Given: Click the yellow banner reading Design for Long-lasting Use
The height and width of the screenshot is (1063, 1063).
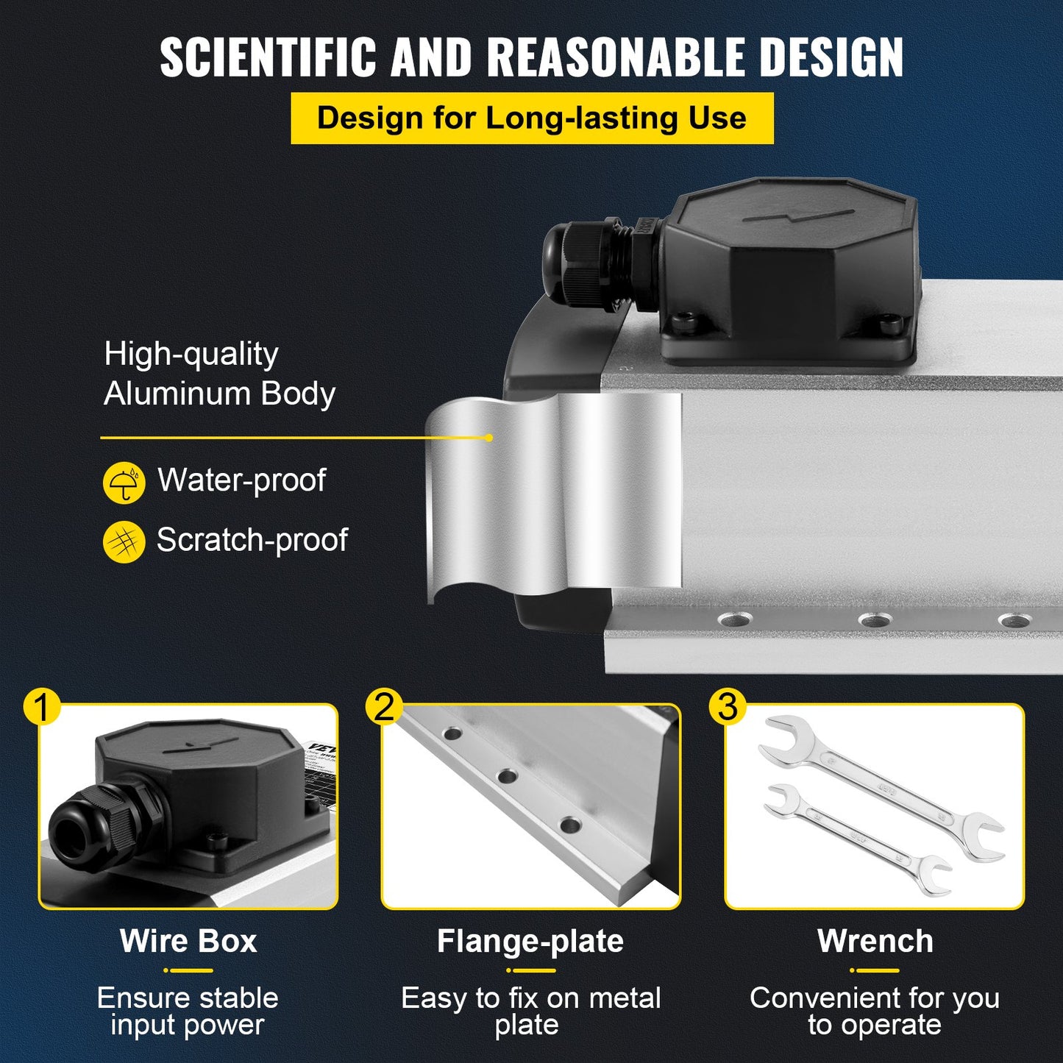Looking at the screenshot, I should pos(532,118).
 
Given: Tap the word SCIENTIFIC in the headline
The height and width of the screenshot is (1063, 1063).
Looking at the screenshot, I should pos(269,57).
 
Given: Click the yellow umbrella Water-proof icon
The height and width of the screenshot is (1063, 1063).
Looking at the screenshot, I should pos(124,483).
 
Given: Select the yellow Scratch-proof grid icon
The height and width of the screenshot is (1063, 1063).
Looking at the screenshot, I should pos(124,542).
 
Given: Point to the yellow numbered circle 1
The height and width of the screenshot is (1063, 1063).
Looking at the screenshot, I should pos(41,708).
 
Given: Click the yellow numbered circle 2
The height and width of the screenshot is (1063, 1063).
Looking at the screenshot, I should pos(384,708).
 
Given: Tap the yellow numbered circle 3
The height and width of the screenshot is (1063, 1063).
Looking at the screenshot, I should pos(727,708).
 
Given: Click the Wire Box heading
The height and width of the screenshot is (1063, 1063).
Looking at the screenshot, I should pos(188,942).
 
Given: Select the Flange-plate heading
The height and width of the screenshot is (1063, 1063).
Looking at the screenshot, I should pos(530,942).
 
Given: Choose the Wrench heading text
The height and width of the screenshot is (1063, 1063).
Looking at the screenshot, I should pos(875,942).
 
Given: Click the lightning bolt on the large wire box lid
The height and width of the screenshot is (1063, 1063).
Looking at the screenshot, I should pos(798,217).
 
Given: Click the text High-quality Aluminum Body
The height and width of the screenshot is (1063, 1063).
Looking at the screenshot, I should pos(219,374).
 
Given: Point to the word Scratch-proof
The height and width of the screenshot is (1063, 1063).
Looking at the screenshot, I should pos(252,541).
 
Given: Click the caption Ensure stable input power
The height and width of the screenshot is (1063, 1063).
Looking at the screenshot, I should pos(188,1012).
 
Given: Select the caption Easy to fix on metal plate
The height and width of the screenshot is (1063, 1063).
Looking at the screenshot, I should pos(530,1012).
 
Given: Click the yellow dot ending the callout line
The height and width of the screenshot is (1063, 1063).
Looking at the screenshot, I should pos(489,438).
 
